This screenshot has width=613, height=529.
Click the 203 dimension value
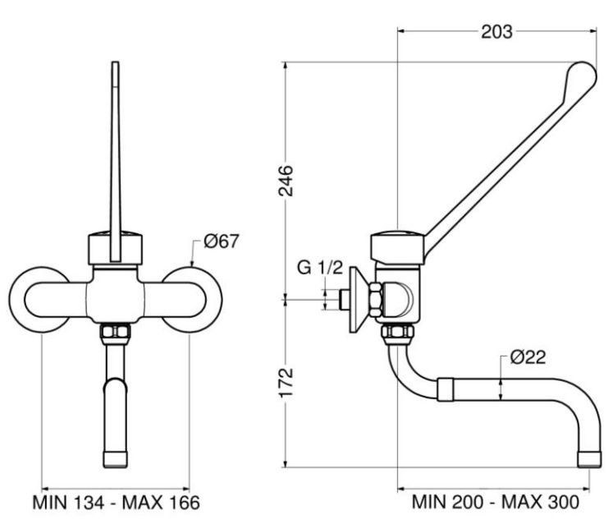coord(496,32)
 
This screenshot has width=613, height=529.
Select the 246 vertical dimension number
coord(286,181)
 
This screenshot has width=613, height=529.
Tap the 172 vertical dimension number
coord(286,383)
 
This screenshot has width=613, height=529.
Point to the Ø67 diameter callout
coord(221,241)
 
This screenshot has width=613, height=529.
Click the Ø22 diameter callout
coord(528,356)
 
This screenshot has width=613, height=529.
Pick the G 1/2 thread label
coord(320,268)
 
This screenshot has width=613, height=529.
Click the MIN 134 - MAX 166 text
coord(116,503)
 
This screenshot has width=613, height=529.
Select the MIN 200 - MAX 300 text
coord(496,502)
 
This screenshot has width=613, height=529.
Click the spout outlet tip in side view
coord(589,460)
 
